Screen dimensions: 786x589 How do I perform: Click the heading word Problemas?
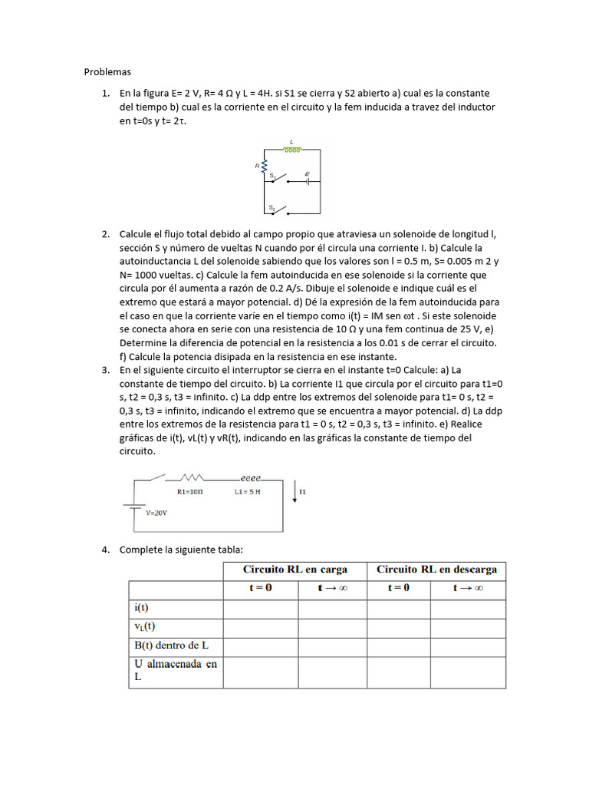(107, 72)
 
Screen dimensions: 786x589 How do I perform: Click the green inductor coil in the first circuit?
(291, 150)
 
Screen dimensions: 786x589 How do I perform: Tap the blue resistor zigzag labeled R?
(265, 165)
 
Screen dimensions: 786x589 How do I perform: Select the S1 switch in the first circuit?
(278, 181)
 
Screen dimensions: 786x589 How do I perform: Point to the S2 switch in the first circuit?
(278, 210)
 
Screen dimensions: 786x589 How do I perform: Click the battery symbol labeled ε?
(307, 182)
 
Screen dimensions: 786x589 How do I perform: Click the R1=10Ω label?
(189, 491)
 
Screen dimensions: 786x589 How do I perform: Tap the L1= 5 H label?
(248, 491)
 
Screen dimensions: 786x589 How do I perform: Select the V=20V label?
(156, 512)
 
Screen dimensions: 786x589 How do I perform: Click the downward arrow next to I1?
(295, 490)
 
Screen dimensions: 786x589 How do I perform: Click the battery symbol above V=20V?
(135, 507)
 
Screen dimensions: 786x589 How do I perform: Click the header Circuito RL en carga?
(294, 570)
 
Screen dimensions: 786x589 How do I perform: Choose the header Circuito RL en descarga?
(436, 570)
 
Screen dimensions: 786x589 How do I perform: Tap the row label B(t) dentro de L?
(167, 646)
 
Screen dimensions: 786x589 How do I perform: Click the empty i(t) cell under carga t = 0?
(261, 609)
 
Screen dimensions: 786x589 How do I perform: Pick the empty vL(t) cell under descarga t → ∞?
(468, 628)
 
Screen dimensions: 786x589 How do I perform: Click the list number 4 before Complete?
(106, 550)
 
